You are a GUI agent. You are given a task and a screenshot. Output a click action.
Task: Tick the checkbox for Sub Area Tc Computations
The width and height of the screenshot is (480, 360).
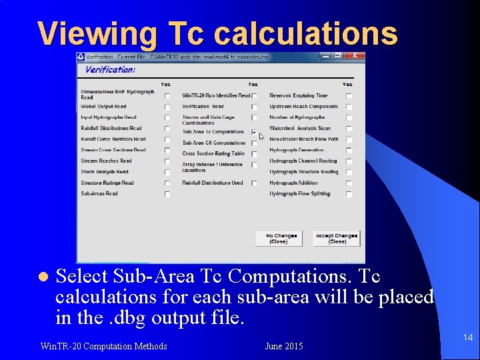pos(254,132)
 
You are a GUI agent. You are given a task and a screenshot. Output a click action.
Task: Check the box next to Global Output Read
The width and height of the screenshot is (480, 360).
pos(167,107)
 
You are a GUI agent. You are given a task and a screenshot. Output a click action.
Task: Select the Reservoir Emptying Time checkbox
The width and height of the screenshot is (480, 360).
pos(348,96)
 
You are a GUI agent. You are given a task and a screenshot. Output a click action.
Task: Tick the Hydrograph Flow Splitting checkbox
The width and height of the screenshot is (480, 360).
pos(348,194)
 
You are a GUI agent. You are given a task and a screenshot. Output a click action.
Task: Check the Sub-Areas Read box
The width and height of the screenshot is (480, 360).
pos(167,194)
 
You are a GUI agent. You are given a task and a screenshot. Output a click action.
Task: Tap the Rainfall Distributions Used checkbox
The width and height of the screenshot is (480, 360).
pos(254,183)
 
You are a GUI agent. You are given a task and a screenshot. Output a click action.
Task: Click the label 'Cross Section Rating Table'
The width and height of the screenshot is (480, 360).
pos(213,153)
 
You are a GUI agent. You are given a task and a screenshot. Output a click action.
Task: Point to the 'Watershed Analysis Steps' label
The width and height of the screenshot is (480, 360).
pos(299,128)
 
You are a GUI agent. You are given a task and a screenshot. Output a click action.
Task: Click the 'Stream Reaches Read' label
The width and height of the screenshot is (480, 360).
pos(106,161)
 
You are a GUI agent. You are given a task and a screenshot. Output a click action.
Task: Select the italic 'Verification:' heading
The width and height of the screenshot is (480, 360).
pos(111,69)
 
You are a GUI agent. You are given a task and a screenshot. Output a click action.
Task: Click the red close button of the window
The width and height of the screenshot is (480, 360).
pos(355,56)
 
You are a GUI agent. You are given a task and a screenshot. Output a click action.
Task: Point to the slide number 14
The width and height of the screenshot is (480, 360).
pos(468,338)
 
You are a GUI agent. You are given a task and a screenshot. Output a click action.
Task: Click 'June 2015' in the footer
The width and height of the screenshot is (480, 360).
pos(283,346)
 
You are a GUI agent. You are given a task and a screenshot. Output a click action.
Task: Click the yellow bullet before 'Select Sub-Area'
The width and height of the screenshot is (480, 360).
pos(41,276)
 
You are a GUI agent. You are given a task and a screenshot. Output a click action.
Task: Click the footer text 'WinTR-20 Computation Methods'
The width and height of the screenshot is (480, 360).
pos(103,346)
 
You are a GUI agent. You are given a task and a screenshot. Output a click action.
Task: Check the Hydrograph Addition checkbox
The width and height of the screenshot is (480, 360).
pos(348,183)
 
